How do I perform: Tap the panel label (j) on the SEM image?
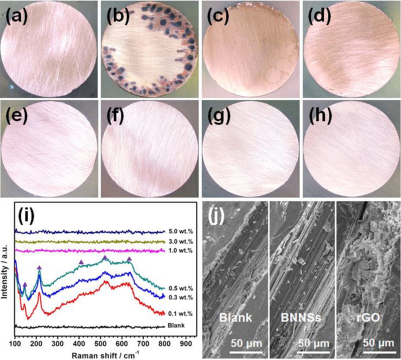tap(216, 217)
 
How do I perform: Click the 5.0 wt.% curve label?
tap(180, 232)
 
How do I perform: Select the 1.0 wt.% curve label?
tap(180, 251)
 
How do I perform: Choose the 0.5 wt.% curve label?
tap(180, 289)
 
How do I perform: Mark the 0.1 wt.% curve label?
tap(180, 314)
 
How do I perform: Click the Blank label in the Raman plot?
tap(176, 325)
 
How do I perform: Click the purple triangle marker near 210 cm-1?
tap(39, 267)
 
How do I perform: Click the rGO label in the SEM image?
tap(368, 318)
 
